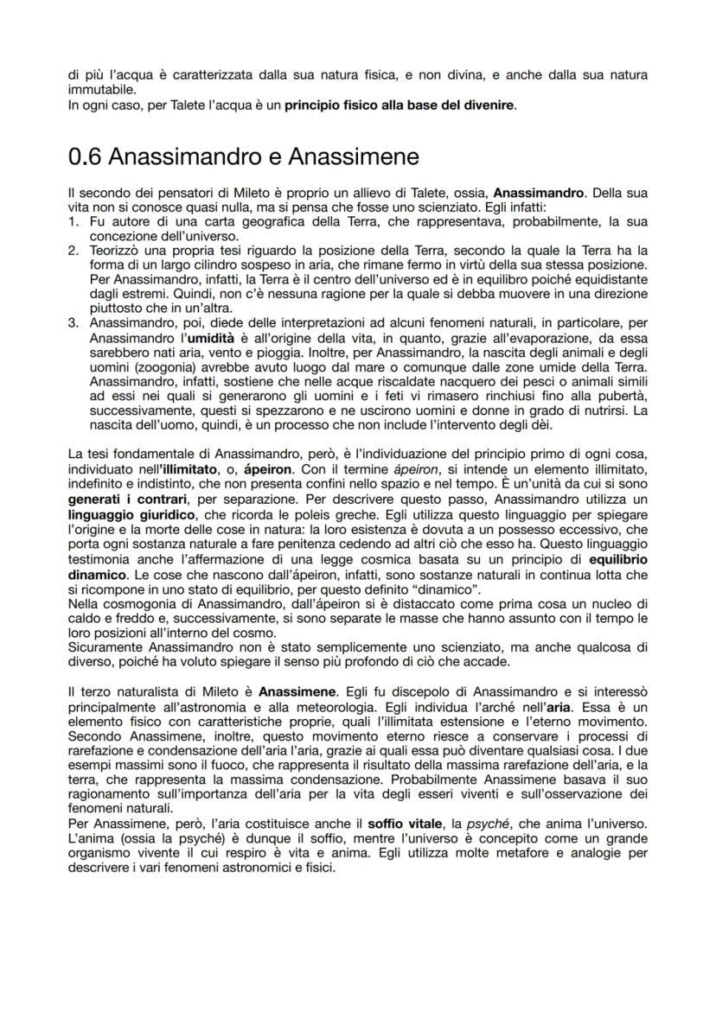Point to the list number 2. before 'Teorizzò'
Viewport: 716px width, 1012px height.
coord(74,250)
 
